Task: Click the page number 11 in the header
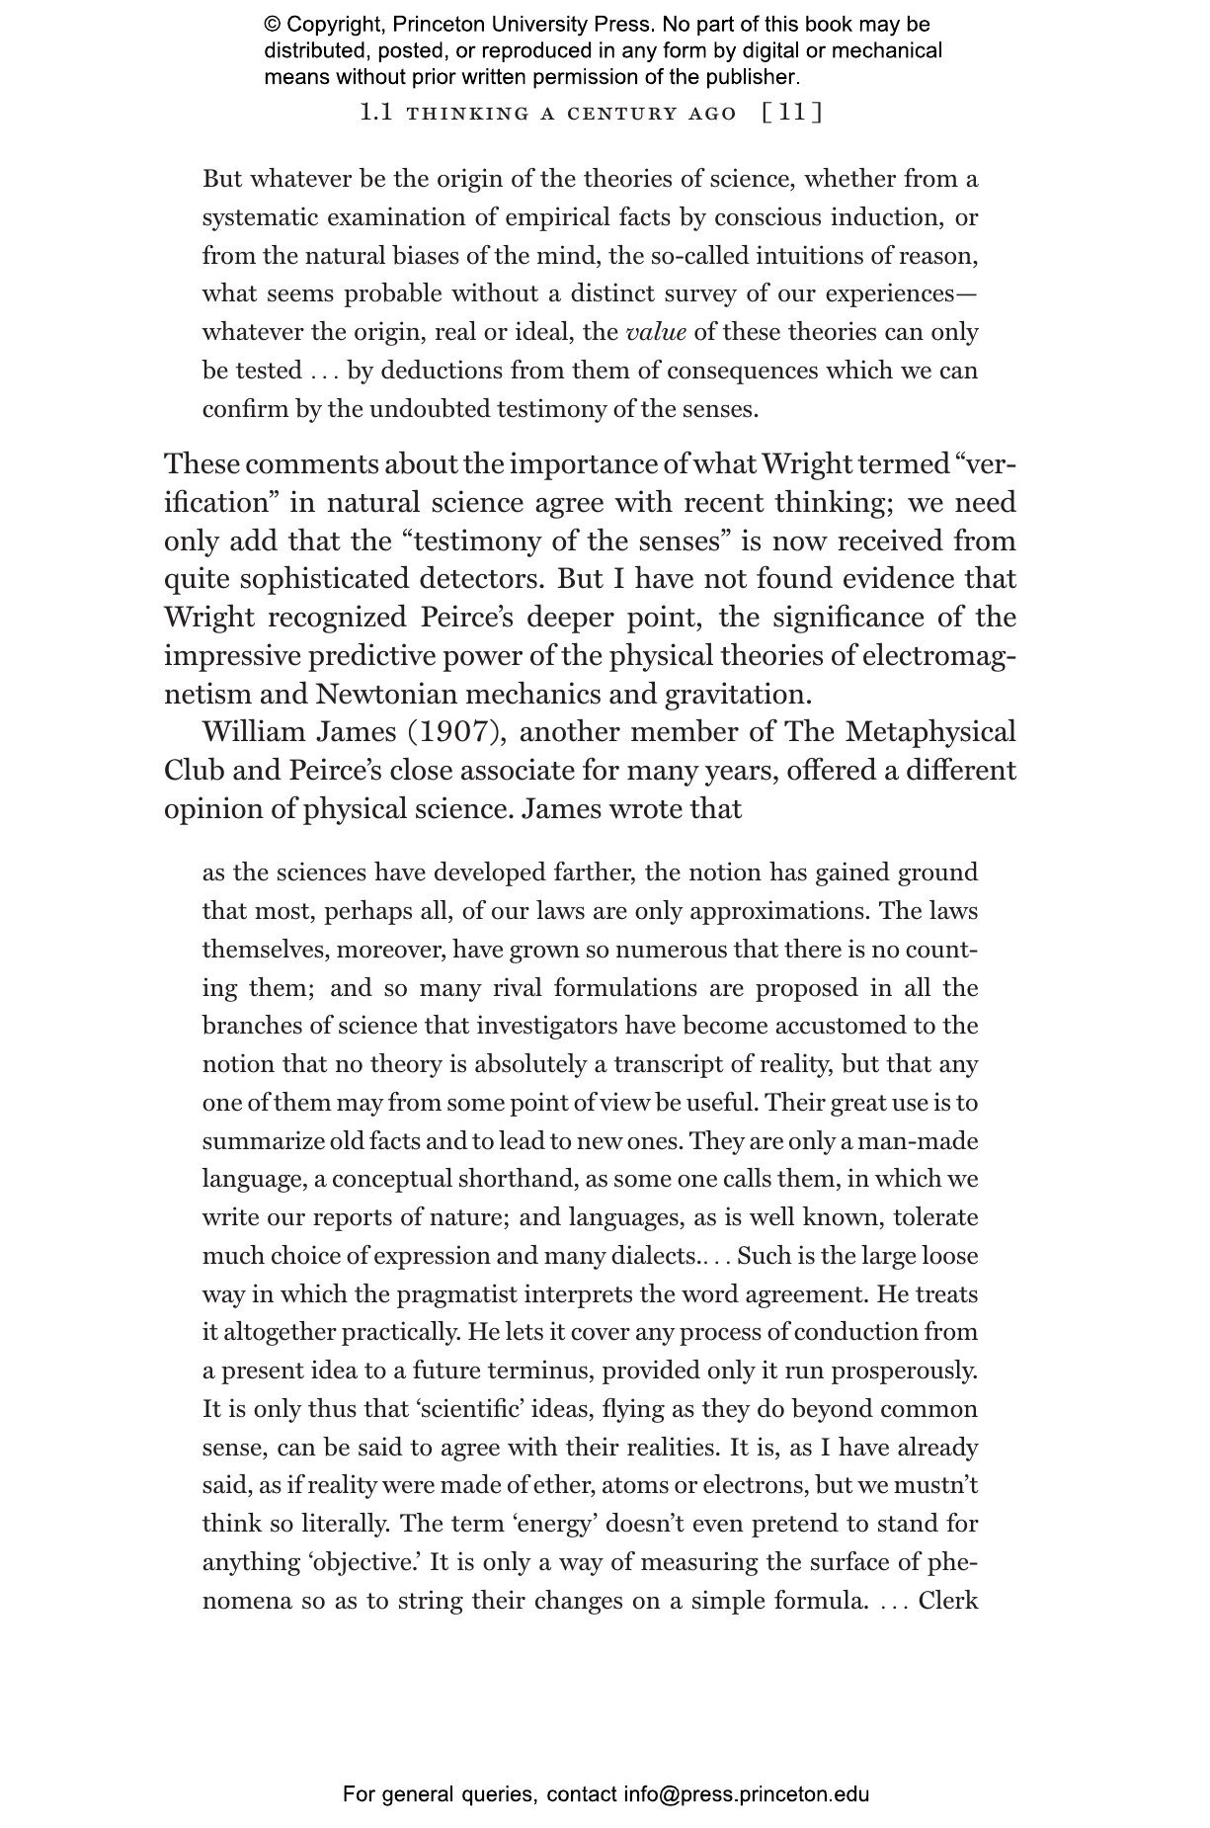coord(793,113)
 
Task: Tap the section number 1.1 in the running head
coord(376,113)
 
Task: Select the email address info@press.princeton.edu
coord(746,1793)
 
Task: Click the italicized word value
coord(656,332)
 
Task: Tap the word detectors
coord(478,579)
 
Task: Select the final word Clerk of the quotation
coord(947,1600)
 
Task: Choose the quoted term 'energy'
coord(555,1524)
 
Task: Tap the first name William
coord(252,732)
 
